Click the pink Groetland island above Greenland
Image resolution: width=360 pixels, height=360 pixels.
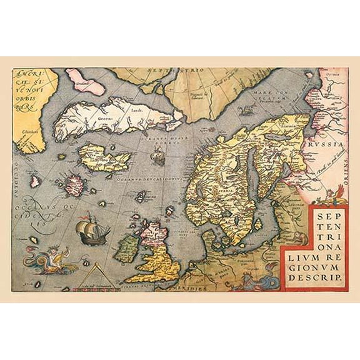[85, 81]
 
